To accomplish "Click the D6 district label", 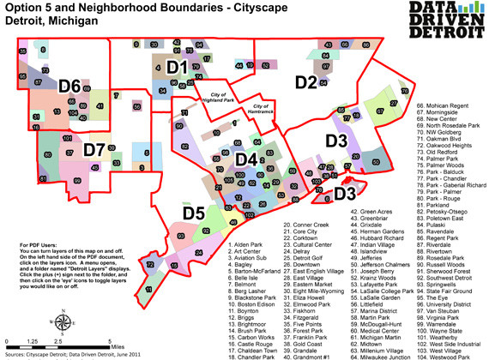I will (70, 86).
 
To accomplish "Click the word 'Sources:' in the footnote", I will (16, 352).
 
